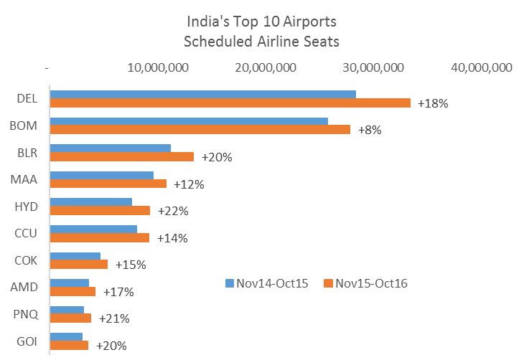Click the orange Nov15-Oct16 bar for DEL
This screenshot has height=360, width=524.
[x=230, y=103]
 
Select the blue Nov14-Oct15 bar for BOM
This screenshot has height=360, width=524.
[x=188, y=121]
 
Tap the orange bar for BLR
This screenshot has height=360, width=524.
[x=121, y=157]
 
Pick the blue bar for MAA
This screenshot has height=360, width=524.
[x=101, y=175]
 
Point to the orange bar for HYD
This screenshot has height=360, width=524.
[x=100, y=211]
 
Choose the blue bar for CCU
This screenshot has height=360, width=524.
[x=93, y=229]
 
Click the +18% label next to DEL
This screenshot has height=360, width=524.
[x=433, y=103]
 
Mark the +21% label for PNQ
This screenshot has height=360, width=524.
[x=113, y=318]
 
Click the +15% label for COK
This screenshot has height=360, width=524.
[x=130, y=265]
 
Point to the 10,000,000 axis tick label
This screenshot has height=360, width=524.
[x=158, y=67]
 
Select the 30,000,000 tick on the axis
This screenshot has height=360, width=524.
[x=373, y=67]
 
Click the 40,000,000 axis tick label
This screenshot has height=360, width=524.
[x=481, y=67]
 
